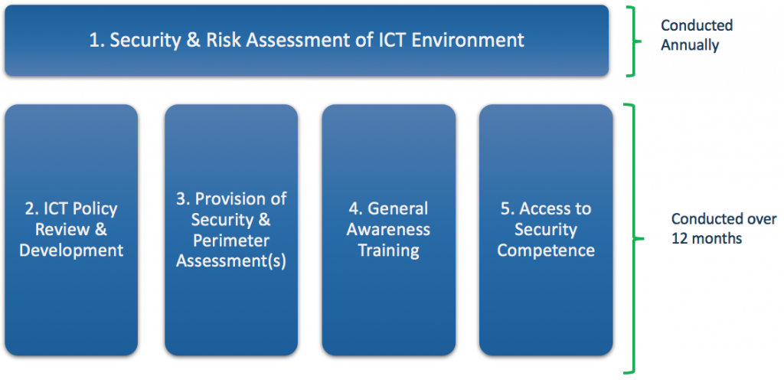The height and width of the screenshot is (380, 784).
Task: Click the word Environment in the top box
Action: coord(468,40)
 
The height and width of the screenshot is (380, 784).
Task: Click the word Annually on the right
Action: coord(690,45)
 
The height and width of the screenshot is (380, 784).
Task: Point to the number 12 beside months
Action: coord(679,238)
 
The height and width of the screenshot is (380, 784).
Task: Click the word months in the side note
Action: coord(717,238)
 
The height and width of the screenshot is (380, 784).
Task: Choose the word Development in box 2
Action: coord(71,250)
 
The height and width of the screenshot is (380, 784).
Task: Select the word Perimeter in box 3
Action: coord(231,241)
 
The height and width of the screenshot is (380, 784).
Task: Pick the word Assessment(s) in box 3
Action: coord(231,261)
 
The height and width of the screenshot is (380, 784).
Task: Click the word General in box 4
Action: coord(398,208)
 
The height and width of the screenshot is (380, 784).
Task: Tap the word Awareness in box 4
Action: coord(388,230)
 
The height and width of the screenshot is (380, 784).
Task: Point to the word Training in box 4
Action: coord(388,251)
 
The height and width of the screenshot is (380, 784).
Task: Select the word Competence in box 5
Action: coord(546,251)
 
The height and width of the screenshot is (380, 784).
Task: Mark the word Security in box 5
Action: coord(546,230)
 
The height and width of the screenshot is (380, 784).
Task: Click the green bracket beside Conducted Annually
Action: coord(633,42)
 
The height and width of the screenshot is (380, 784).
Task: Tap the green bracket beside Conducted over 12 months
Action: coord(633,238)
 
